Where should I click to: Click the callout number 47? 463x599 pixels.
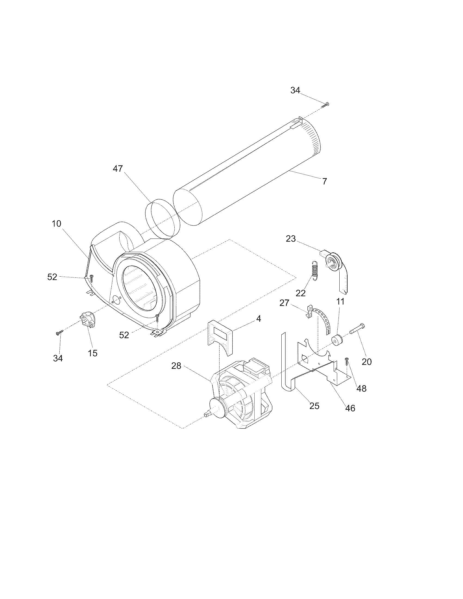(118, 168)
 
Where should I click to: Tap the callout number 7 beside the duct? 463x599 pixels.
(324, 181)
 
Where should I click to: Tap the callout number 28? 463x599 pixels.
(176, 366)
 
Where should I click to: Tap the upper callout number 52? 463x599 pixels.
(52, 277)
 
